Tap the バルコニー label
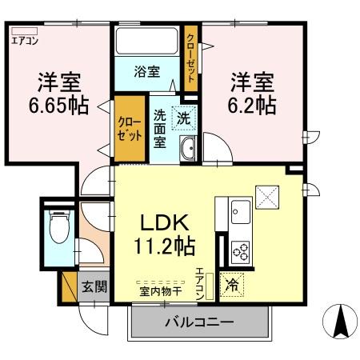pyautogui.click(x=198, y=324)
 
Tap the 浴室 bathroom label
pyautogui.click(x=146, y=71)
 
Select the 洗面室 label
pyautogui.click(x=159, y=126)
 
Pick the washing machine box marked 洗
pyautogui.click(x=183, y=118)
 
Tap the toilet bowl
pyautogui.click(x=58, y=230)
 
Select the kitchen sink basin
pyautogui.click(x=240, y=213)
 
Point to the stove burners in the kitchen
pyautogui.click(x=240, y=250)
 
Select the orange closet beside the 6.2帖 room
pyautogui.click(x=191, y=53)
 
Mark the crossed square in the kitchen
pyautogui.click(x=266, y=195)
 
